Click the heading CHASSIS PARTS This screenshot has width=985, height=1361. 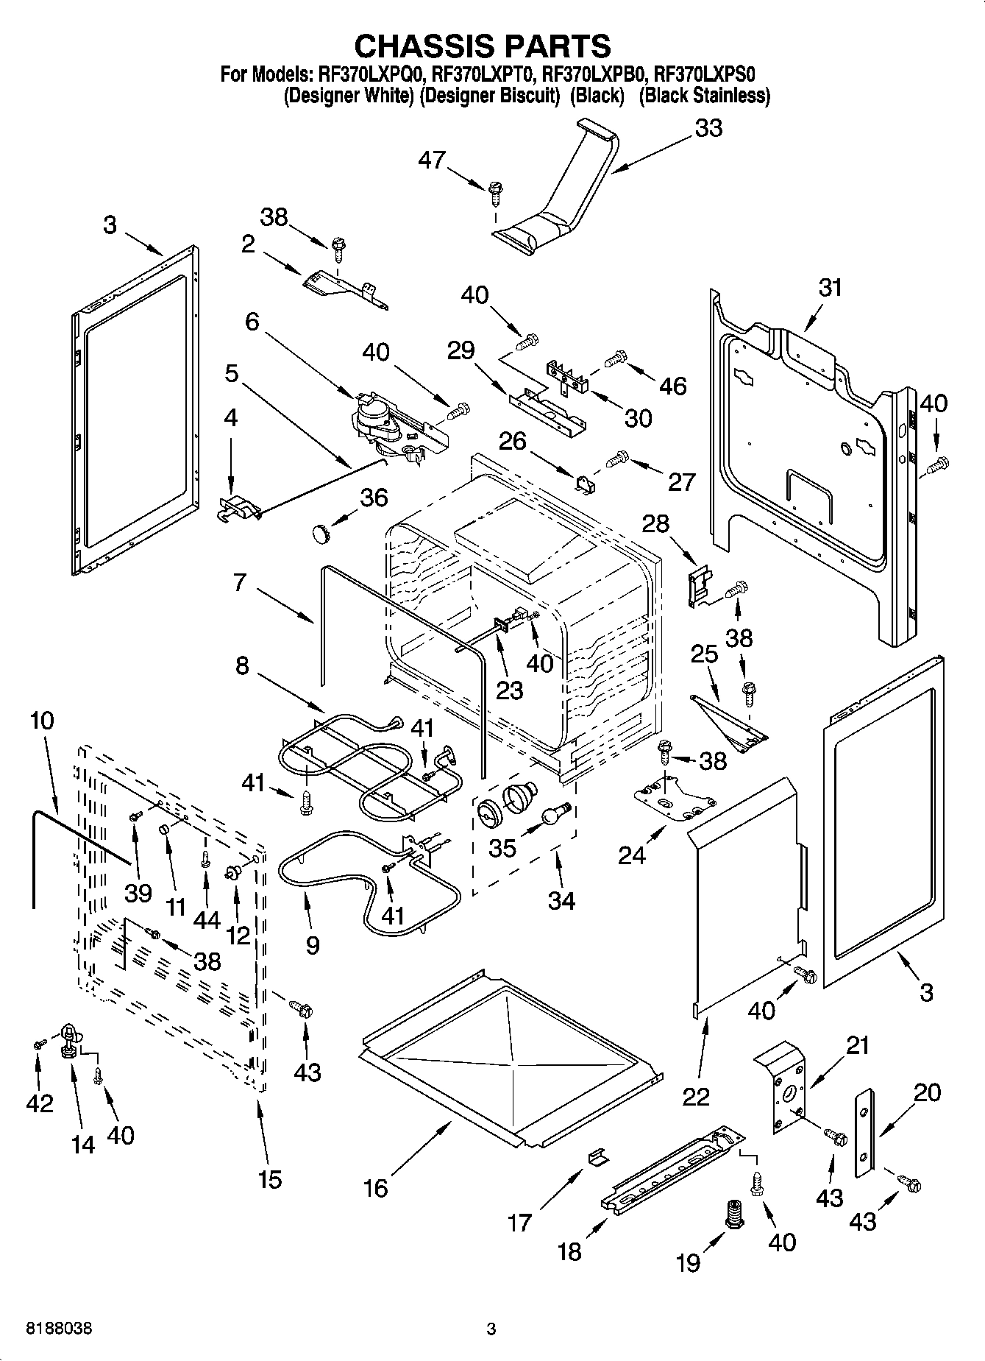click(x=483, y=46)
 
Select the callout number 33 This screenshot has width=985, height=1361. click(x=708, y=128)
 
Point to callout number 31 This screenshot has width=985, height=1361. click(x=830, y=287)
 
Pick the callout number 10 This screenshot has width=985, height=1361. click(x=42, y=720)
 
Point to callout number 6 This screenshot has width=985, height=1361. click(x=252, y=322)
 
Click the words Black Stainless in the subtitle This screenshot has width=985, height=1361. click(x=705, y=96)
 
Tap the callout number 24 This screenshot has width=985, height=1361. click(x=633, y=855)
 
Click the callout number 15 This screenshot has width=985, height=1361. click(x=270, y=1179)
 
